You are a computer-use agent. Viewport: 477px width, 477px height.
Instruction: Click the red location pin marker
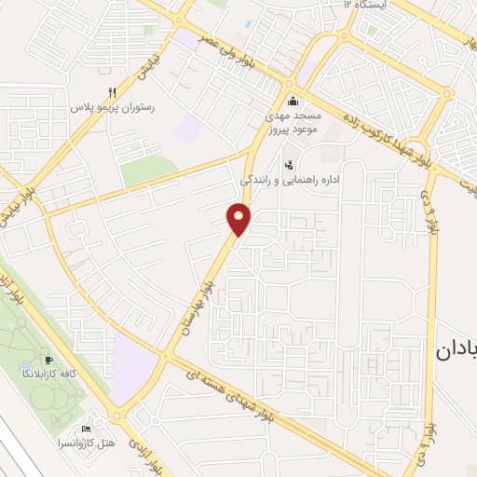click(239, 220)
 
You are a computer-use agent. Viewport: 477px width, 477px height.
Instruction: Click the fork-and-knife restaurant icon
click(113, 92)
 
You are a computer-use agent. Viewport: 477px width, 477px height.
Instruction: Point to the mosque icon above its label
click(293, 102)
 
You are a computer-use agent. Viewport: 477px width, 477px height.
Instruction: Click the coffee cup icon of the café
click(49, 360)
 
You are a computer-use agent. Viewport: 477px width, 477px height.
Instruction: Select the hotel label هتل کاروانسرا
click(85, 443)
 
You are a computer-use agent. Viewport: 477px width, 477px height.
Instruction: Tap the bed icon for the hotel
click(88, 429)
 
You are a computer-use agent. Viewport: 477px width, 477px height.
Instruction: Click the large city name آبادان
click(456, 351)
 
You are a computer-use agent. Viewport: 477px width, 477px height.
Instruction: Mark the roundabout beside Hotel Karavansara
click(117, 416)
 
